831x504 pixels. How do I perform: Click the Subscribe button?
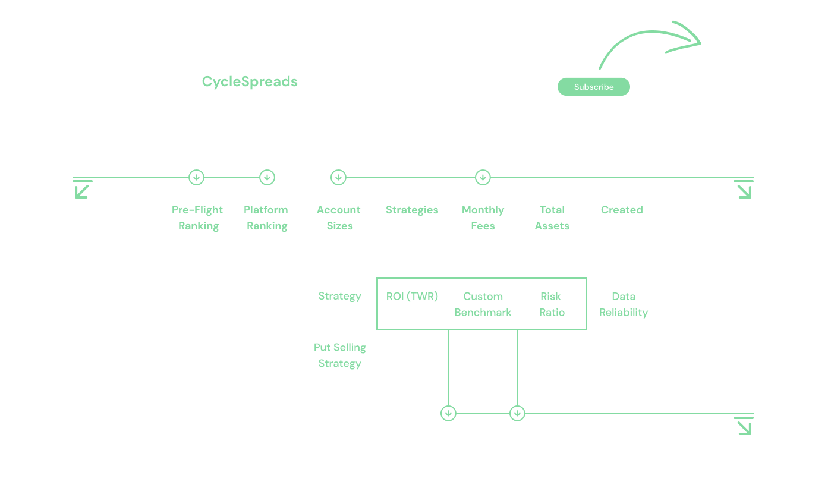click(x=593, y=87)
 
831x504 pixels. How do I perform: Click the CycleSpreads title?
click(x=250, y=82)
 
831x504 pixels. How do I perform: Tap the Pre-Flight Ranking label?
click(x=197, y=218)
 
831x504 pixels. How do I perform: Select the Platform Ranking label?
click(x=266, y=218)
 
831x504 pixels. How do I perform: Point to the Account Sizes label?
click(x=339, y=218)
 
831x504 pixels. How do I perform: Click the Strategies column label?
click(x=412, y=210)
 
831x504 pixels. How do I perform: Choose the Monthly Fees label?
click(x=483, y=218)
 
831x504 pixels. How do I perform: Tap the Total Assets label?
click(x=552, y=218)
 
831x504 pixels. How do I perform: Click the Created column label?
click(x=622, y=210)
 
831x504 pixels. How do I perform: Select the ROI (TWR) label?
click(x=412, y=297)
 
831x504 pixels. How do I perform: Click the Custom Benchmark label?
click(x=483, y=304)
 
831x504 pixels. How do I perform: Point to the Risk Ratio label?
click(x=552, y=304)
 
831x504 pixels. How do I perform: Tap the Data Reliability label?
click(x=624, y=304)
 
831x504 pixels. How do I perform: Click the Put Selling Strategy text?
click(x=340, y=355)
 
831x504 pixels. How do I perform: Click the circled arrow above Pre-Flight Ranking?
click(x=196, y=177)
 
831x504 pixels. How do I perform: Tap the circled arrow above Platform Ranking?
click(x=267, y=177)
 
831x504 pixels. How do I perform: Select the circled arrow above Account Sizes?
click(x=338, y=177)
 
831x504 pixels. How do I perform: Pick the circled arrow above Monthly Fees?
click(x=483, y=177)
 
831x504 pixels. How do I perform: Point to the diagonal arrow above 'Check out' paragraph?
click(x=82, y=189)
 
